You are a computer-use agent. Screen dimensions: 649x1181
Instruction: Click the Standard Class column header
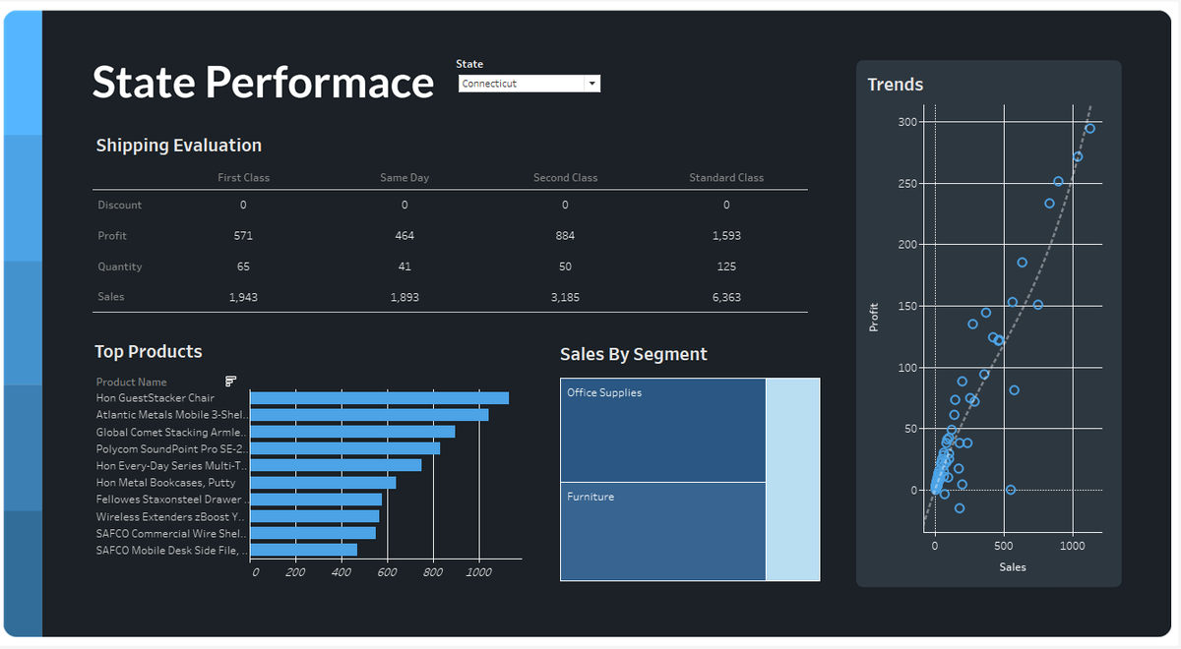(x=725, y=178)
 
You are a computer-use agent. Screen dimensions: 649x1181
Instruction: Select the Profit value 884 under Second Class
(x=565, y=236)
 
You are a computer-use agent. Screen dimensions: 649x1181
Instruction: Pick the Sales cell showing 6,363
(x=726, y=297)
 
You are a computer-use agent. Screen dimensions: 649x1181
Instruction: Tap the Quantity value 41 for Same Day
(x=404, y=266)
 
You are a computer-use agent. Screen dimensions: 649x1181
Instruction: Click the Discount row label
(x=119, y=206)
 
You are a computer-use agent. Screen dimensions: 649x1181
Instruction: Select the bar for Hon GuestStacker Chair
(x=379, y=398)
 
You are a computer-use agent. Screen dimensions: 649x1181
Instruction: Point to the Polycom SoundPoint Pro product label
(x=170, y=448)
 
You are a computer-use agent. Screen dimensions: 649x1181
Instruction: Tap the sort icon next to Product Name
(x=231, y=381)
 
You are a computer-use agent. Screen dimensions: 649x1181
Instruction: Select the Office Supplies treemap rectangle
(x=662, y=430)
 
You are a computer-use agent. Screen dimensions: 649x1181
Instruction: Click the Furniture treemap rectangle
(x=662, y=531)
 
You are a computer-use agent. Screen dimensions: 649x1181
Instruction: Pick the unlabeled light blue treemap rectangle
(x=792, y=479)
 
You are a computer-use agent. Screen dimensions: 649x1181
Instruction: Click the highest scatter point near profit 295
(x=1089, y=129)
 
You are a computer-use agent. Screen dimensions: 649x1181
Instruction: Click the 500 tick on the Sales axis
(x=1003, y=546)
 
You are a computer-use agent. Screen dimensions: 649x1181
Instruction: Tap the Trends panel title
(x=895, y=85)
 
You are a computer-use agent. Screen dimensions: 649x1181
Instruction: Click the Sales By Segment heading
(x=633, y=355)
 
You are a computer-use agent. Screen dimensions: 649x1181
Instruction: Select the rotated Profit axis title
(x=874, y=317)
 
